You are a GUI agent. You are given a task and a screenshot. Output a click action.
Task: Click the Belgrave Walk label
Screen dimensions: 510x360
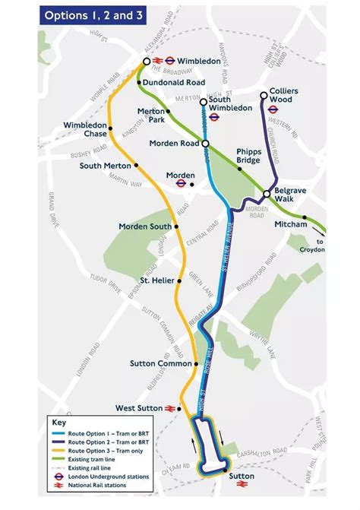[x=290, y=196]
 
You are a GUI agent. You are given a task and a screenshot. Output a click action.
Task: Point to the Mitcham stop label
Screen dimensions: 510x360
[x=292, y=224]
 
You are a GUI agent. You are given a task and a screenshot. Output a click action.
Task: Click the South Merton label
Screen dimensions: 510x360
[x=105, y=165]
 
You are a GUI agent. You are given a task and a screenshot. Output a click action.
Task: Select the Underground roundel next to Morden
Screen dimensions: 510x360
[x=182, y=183]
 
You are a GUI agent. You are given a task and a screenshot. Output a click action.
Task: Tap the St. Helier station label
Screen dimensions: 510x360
[x=156, y=280]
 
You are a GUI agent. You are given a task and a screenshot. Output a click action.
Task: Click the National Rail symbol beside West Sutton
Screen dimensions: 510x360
[x=169, y=408]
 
